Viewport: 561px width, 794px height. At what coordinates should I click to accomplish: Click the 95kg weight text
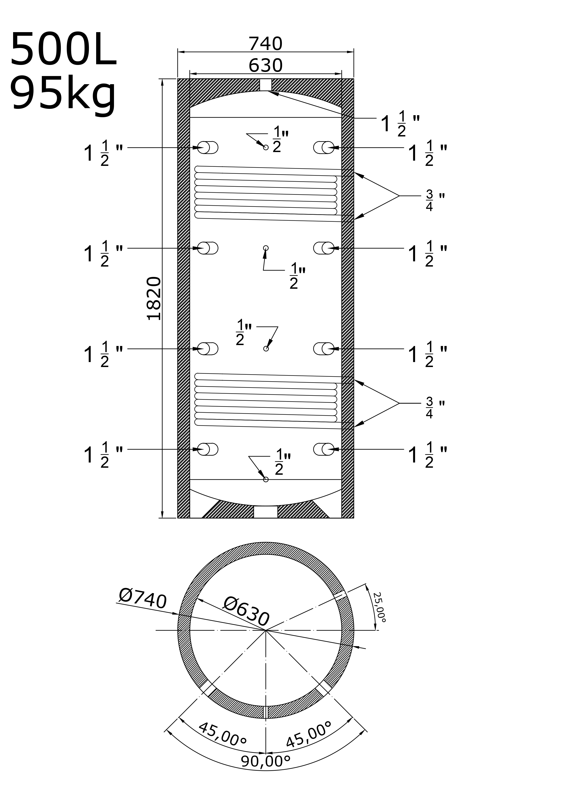tap(63, 94)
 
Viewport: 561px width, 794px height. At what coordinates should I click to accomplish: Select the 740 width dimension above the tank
tap(266, 44)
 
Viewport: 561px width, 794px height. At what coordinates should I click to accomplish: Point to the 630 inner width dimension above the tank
tap(266, 65)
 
